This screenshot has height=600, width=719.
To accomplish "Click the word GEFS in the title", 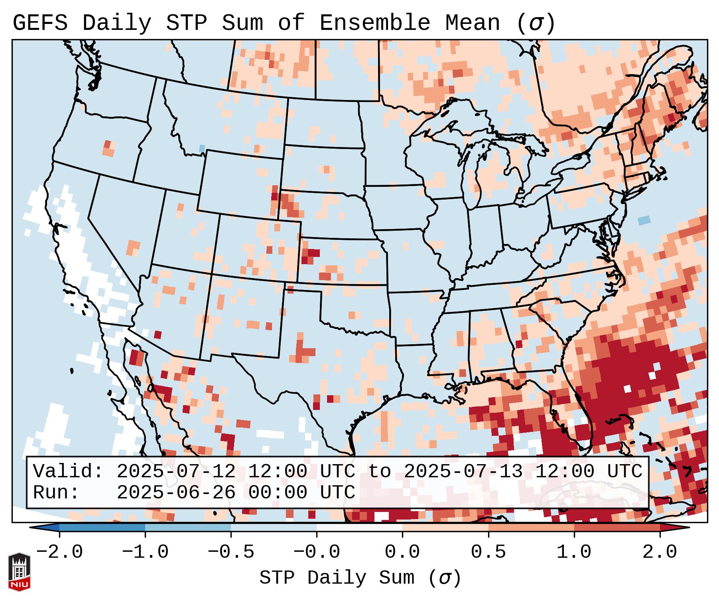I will [40, 23].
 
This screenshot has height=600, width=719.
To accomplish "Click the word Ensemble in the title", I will [375, 23].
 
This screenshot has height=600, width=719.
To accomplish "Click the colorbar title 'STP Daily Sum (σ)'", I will [360, 578].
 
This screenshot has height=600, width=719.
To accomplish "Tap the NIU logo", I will [20, 572].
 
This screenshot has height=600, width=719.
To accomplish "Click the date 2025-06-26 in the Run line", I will [176, 493].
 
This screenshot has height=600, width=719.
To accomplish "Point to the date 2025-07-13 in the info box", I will [463, 472].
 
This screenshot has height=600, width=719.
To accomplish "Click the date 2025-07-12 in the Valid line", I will [176, 472].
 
